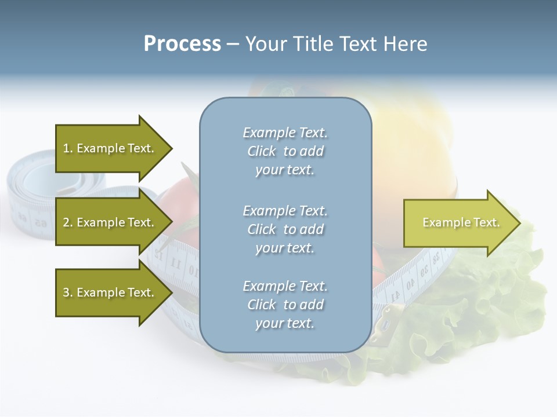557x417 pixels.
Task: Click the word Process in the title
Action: click(x=182, y=44)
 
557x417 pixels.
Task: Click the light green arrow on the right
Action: click(x=458, y=223)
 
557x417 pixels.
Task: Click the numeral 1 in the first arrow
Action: click(x=66, y=148)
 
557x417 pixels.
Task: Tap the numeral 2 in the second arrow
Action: click(x=66, y=222)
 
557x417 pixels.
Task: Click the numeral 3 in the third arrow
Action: click(x=66, y=292)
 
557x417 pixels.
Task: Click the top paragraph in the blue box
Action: click(x=285, y=151)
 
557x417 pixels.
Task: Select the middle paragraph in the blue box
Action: click(x=285, y=229)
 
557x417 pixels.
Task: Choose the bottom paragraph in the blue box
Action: click(x=285, y=305)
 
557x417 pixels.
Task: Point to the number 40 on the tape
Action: click(x=410, y=284)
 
